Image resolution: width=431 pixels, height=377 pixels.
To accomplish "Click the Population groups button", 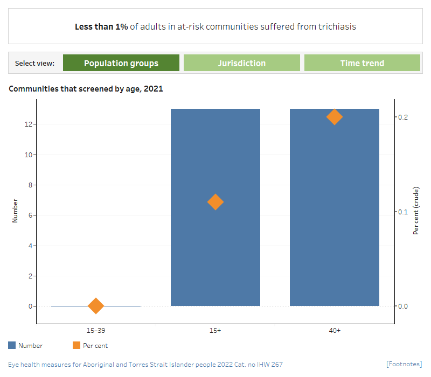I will [121, 63].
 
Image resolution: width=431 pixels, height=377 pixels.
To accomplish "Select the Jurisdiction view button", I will [241, 63].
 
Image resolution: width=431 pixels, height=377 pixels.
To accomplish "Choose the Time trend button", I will [362, 63].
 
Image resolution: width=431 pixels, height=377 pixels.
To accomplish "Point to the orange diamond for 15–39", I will [96, 306].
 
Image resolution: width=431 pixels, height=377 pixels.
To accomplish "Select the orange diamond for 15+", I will [215, 202].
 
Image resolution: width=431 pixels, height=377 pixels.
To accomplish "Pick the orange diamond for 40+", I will [335, 117].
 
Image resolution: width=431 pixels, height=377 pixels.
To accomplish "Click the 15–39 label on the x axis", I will [96, 330].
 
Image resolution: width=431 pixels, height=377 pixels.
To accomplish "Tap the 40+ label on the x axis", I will [335, 330].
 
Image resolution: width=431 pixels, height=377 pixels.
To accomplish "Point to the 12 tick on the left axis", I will [28, 124].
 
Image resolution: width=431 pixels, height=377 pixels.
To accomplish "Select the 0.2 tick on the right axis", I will [402, 117].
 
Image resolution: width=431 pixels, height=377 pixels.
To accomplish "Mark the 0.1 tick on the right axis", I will [402, 212].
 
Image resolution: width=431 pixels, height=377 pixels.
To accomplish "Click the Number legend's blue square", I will [12, 346].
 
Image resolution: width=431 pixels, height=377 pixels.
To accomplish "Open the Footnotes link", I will [404, 365].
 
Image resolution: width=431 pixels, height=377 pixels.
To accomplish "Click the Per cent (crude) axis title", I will [416, 211].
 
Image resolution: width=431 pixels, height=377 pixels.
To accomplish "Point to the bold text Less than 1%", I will [101, 26].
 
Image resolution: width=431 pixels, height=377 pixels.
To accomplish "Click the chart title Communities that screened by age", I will [86, 89].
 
